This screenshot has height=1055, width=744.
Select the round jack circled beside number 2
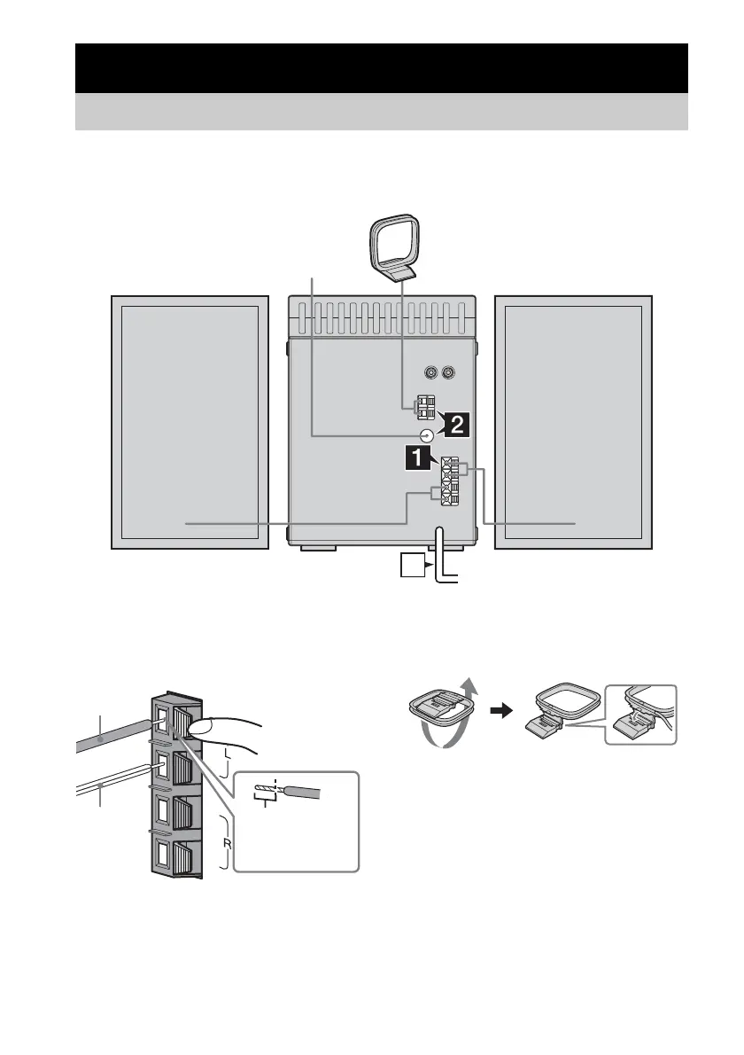pos(427,435)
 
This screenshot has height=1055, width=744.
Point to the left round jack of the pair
pos(430,374)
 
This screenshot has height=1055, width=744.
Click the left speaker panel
pos(190,423)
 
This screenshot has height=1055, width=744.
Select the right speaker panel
pos(572,423)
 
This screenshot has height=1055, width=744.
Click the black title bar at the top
pos(381,68)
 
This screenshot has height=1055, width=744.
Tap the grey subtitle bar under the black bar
pos(381,113)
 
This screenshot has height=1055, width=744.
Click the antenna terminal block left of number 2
pos(427,407)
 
